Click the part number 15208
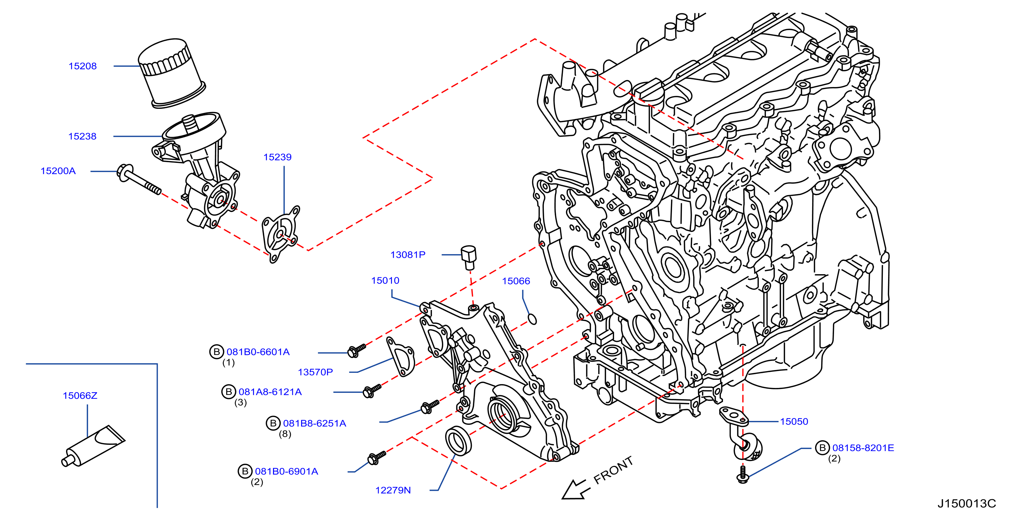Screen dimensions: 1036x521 [83, 66]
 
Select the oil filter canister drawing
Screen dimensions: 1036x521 [172, 73]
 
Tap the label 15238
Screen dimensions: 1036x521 [83, 136]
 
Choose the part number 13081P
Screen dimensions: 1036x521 [408, 255]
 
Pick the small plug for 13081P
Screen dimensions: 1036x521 [469, 257]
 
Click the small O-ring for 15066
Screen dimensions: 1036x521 [532, 319]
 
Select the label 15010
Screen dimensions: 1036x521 [385, 280]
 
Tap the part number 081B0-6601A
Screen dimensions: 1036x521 [258, 352]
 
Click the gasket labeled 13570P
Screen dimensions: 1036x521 [400, 357]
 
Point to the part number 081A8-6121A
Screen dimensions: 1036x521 [270, 391]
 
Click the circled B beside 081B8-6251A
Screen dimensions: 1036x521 [273, 423]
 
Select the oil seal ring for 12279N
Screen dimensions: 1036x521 [458, 441]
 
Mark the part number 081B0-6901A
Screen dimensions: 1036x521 [287, 471]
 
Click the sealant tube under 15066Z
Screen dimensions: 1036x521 [93, 446]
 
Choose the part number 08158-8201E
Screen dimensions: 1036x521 [864, 447]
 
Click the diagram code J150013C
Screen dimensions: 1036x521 [967, 503]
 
